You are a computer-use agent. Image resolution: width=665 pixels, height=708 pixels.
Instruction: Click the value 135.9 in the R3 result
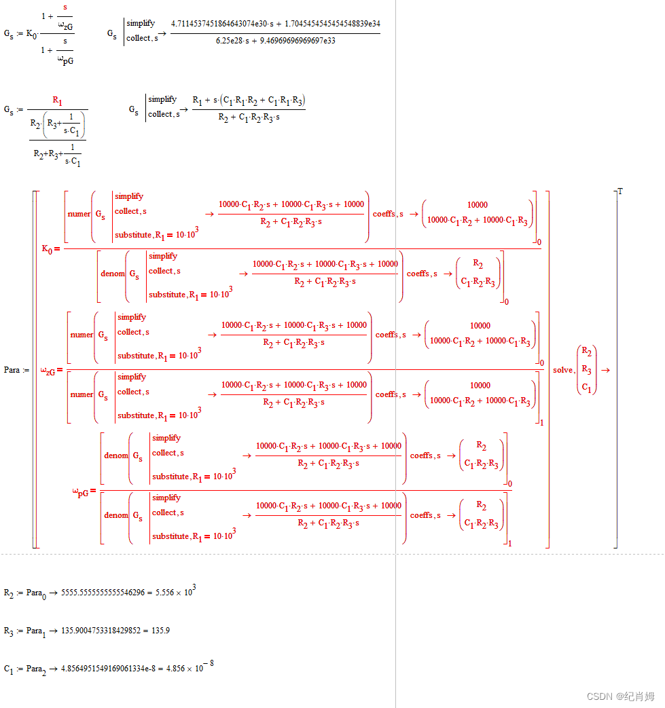[x=160, y=631]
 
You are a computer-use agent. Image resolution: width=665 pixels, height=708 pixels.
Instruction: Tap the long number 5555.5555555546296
[x=104, y=593]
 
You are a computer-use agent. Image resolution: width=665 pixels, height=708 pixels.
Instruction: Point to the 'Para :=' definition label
[x=16, y=370]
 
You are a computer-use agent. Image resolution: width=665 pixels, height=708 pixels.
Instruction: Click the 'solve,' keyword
[x=563, y=370]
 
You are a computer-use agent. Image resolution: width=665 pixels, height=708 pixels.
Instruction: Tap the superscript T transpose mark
[x=620, y=191]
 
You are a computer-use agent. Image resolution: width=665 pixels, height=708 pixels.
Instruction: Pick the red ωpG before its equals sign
[x=82, y=491]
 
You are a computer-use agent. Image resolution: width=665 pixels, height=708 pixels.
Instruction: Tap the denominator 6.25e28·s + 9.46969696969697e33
[x=275, y=41]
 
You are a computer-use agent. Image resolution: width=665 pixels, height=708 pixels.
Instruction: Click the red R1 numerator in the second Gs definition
[x=57, y=102]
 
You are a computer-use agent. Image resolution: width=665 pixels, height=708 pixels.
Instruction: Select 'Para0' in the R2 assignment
[x=37, y=593]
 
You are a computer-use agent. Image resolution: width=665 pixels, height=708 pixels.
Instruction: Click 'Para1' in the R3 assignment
[x=37, y=631]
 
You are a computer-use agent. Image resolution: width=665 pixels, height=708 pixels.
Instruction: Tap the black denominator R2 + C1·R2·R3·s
[x=249, y=117]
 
